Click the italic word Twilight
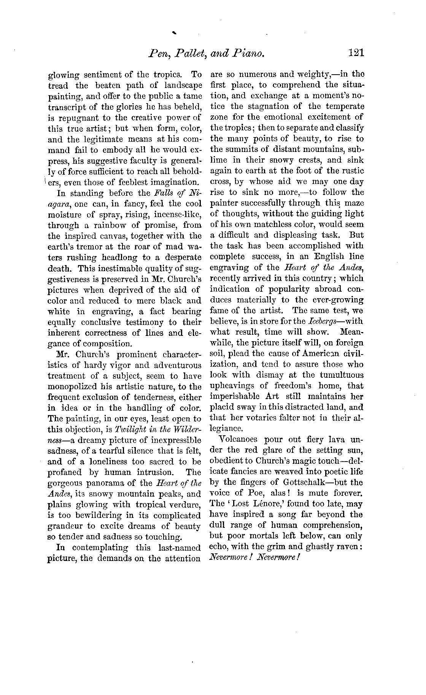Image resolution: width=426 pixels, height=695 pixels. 130,430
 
